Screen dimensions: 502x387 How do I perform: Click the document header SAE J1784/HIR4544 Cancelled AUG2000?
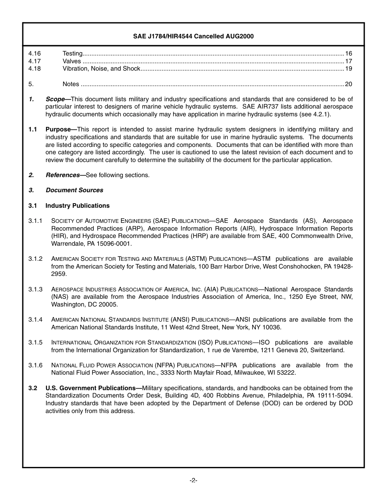(193, 36)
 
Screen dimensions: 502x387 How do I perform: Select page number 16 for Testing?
(348, 53)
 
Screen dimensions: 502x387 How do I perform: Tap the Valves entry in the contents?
(72, 61)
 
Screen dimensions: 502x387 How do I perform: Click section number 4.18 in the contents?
(35, 69)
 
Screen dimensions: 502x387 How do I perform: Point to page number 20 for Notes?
(348, 84)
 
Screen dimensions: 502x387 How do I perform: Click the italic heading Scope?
(55, 99)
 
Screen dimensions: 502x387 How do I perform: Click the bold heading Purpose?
(58, 129)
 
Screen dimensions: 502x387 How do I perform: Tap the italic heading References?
(63, 175)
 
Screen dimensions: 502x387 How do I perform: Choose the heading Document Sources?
(74, 190)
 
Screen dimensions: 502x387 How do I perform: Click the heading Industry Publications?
(77, 206)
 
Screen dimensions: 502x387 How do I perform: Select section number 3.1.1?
(35, 221)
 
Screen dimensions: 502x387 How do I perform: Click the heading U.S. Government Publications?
(90, 388)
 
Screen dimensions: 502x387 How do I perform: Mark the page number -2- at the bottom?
(193, 481)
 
